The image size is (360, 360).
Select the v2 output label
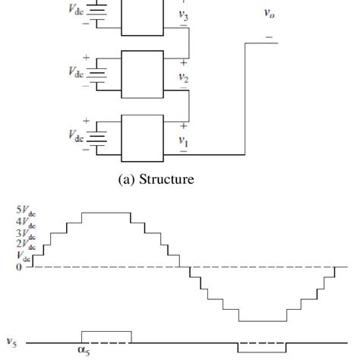click(x=182, y=77)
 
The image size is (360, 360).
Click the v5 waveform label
click(x=13, y=342)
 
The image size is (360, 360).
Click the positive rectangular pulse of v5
click(x=106, y=336)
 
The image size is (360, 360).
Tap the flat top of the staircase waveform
click(x=106, y=213)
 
